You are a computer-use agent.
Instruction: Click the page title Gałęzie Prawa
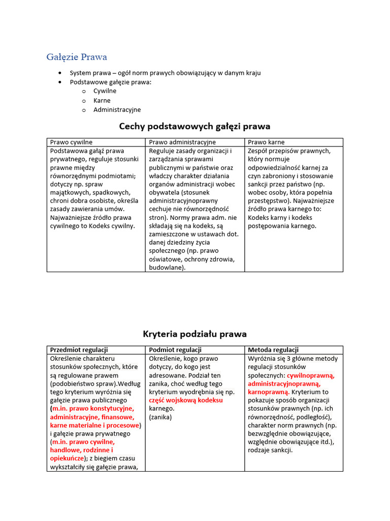point(77,56)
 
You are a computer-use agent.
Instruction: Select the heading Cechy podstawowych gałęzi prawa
point(194,126)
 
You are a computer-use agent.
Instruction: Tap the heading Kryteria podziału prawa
point(194,334)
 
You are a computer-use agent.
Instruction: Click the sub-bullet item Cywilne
point(105,91)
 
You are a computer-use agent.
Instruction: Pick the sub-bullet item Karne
point(102,100)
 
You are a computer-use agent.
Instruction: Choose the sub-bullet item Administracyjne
point(117,109)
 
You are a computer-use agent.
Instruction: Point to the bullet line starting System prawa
point(165,73)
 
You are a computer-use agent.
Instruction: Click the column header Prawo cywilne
point(71,142)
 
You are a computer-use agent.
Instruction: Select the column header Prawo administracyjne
point(182,142)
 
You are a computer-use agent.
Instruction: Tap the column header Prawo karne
point(266,142)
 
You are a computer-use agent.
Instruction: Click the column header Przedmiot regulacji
point(79,350)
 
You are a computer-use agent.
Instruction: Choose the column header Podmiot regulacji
point(175,350)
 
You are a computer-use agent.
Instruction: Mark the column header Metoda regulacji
point(273,350)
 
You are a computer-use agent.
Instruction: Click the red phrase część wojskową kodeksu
point(186,400)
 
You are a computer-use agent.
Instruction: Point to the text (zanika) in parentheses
point(160,417)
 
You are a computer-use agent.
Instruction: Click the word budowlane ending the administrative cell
point(166,268)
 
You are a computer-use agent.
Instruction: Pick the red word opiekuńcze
point(67,458)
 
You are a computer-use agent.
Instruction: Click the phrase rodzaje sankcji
point(270,450)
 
